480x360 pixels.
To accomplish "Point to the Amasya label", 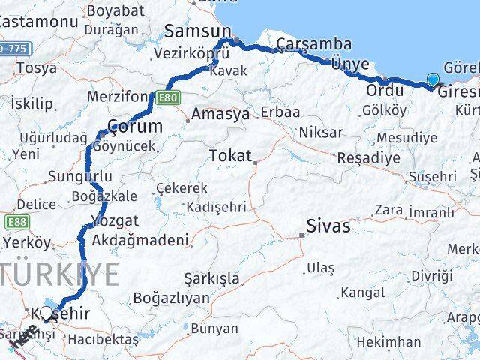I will pos(220,115).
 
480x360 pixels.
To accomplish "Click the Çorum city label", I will pos(135,125).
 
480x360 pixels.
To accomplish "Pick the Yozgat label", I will pos(114,220).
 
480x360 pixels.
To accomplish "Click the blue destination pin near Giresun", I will pos(433,80).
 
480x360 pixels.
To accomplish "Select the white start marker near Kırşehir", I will pos(46,313).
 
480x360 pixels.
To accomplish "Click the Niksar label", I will pos(320,132).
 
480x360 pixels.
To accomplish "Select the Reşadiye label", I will pos(368,159).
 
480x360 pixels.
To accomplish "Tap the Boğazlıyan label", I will pos(171,298).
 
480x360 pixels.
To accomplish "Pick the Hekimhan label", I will pos(388,342).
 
